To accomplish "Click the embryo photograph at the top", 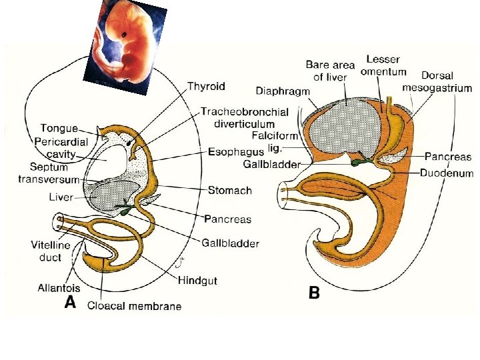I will coord(125,41).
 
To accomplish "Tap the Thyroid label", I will coord(206,86).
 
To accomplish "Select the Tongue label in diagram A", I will coord(59,128).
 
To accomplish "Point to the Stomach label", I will coord(230,191).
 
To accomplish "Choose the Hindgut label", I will coord(197,281).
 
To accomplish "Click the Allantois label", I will coord(59,288).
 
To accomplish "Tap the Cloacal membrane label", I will coord(134,306).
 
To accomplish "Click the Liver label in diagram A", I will coord(61,197).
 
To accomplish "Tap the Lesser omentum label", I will coord(383,66).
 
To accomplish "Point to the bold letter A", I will coord(69,303).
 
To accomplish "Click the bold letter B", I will coord(314,293).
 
